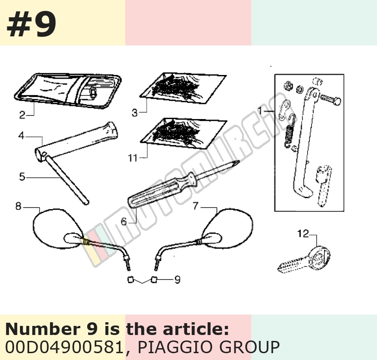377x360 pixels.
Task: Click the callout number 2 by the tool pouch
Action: (22, 115)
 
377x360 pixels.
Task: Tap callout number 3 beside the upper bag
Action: (134, 112)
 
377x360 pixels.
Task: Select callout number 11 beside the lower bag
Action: (133, 158)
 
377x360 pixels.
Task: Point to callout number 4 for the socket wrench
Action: (21, 136)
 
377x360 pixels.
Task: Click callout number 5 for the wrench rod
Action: (22, 177)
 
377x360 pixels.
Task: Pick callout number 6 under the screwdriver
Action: (124, 221)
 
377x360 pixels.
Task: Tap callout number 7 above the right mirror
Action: (196, 206)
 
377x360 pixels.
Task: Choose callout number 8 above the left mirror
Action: (19, 206)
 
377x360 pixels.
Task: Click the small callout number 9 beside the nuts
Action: (177, 280)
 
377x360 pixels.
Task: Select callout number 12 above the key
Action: (303, 234)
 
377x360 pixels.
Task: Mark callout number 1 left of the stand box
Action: (260, 110)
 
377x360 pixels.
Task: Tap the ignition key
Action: (304, 260)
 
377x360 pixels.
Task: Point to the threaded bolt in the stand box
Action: (331, 99)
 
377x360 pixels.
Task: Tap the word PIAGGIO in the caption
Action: (176, 347)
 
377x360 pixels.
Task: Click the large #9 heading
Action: (32, 24)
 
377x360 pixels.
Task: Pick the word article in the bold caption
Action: (196, 329)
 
